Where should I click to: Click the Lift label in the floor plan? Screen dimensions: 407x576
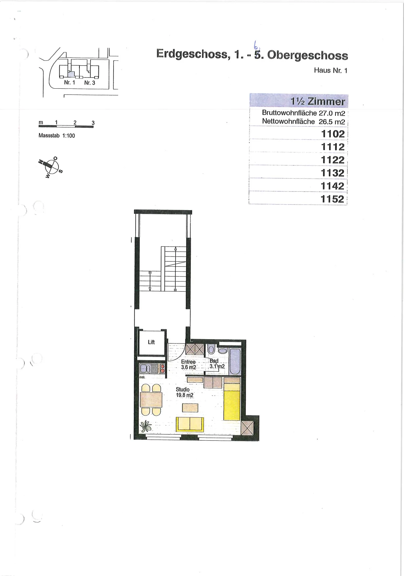(x=151, y=342)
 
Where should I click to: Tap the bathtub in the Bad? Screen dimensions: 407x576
(x=235, y=361)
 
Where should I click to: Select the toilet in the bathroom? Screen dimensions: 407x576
(x=211, y=349)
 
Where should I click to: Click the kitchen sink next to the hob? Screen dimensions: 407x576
(x=145, y=369)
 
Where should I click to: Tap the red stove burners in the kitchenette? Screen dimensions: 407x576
(x=162, y=369)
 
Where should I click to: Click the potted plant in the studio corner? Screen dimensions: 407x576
(x=146, y=427)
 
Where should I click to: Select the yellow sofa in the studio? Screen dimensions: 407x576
(x=190, y=424)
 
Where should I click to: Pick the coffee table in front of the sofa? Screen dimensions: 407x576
(x=190, y=408)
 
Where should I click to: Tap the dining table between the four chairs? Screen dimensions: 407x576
(x=151, y=400)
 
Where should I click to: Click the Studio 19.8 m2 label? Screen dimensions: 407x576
(x=184, y=392)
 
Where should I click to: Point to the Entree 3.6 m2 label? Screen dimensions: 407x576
(x=188, y=365)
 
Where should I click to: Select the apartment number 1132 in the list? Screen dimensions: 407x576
(x=332, y=173)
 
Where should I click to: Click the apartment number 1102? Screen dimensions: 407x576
(x=333, y=134)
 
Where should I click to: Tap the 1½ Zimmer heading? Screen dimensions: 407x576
(x=318, y=101)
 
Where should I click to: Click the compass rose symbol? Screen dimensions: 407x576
(x=51, y=167)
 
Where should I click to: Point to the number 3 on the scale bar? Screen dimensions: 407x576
(x=93, y=123)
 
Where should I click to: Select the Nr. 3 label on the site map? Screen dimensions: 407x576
(x=90, y=83)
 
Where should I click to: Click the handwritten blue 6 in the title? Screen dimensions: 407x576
(x=256, y=46)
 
